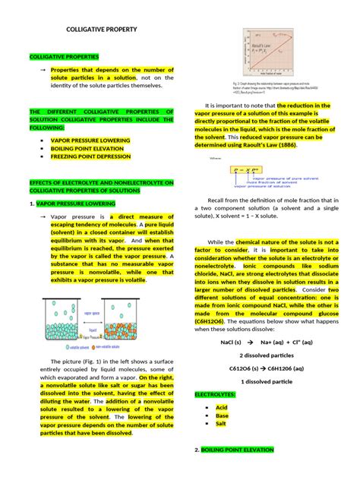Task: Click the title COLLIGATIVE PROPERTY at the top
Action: click(102, 29)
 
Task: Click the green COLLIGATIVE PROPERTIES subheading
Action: click(64, 57)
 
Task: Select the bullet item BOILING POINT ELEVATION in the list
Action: click(87, 149)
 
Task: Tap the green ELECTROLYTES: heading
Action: click(216, 396)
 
